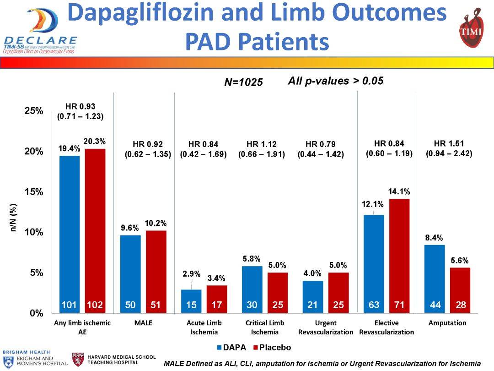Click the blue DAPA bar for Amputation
435,275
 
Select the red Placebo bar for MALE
156,270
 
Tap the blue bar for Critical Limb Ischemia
252,286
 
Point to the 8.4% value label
435,238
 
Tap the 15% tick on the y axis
34,192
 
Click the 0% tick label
36,313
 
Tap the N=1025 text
243,82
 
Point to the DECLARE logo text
40,40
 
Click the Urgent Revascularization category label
326,327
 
